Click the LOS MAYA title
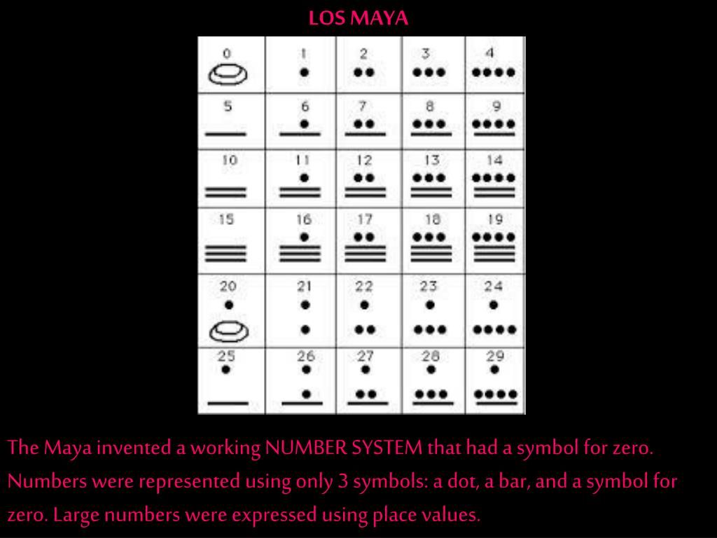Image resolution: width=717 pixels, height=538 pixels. pyautogui.click(x=358, y=18)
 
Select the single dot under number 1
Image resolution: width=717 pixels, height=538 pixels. pyautogui.click(x=305, y=72)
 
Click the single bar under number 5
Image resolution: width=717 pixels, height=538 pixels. pyautogui.click(x=225, y=134)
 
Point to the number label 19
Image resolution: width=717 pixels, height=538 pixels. pyautogui.click(x=495, y=219)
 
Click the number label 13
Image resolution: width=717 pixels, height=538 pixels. pyautogui.click(x=431, y=160)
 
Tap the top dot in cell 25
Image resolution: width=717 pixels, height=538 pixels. pyautogui.click(x=225, y=370)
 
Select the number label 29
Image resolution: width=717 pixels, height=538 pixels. pyautogui.click(x=495, y=355)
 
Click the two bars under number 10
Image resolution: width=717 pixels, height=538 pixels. pyautogui.click(x=225, y=192)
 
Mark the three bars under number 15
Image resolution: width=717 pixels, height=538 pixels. pyautogui.click(x=225, y=254)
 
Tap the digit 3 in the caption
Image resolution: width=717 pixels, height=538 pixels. pyautogui.click(x=343, y=481)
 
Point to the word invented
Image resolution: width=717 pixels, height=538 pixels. pyautogui.click(x=134, y=448)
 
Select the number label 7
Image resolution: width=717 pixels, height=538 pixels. pyautogui.click(x=363, y=106)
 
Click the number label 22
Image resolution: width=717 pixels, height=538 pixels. pyautogui.click(x=364, y=287)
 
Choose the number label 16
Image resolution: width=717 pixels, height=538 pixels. pyautogui.click(x=304, y=219)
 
